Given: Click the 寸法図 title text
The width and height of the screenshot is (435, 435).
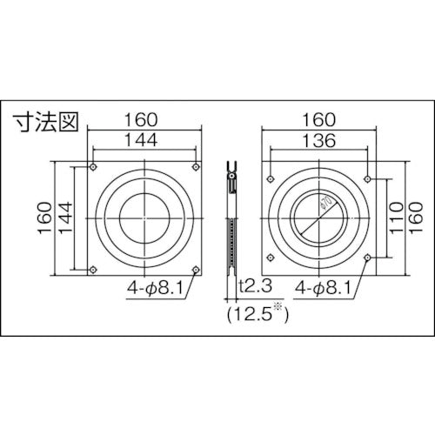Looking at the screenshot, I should point(44,122).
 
